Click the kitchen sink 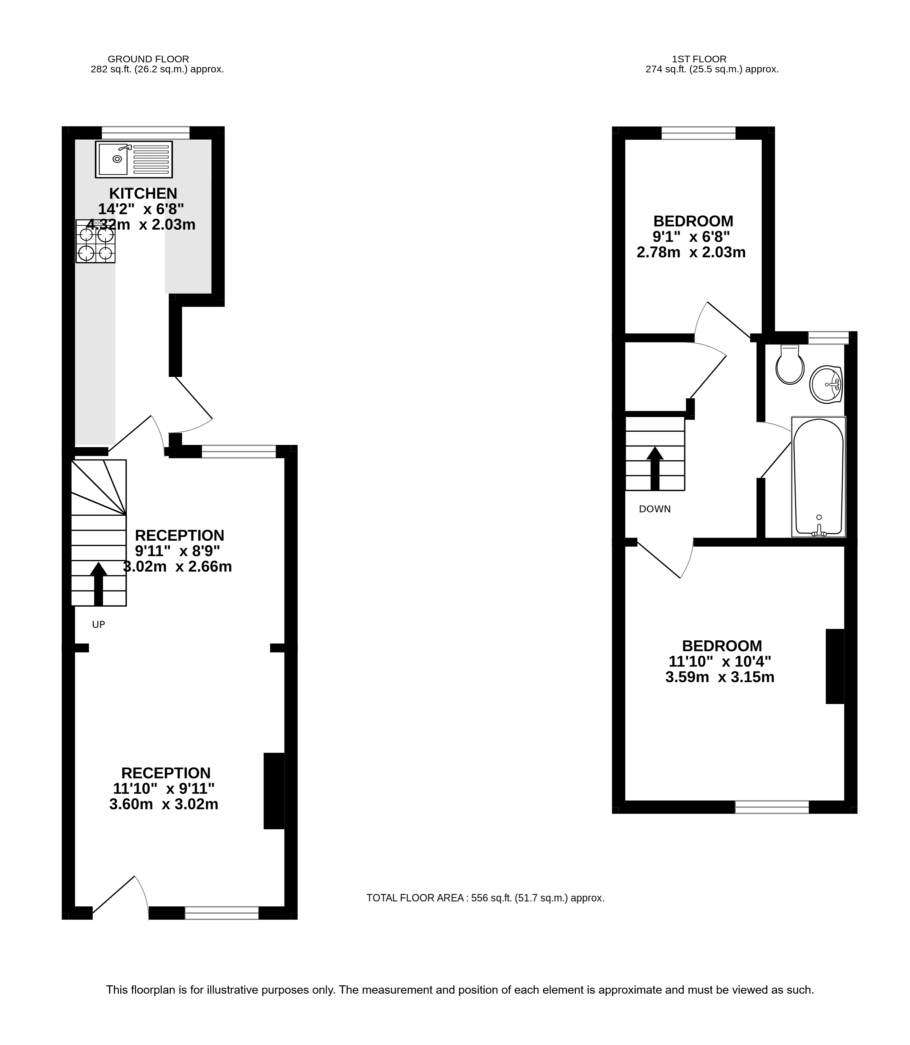pyautogui.click(x=134, y=159)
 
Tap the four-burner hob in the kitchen pyautogui.click(x=95, y=241)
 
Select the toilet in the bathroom pyautogui.click(x=790, y=364)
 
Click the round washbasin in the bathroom pyautogui.click(x=826, y=384)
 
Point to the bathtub pyautogui.click(x=819, y=477)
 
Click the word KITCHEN pyautogui.click(x=143, y=193)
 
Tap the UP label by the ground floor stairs pyautogui.click(x=98, y=625)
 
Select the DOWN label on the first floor pyautogui.click(x=655, y=509)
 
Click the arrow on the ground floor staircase pyautogui.click(x=98, y=584)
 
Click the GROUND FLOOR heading pyautogui.click(x=148, y=59)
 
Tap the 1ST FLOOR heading pyautogui.click(x=699, y=59)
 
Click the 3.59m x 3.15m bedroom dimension pyautogui.click(x=720, y=677)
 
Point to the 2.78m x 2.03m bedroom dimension pyautogui.click(x=691, y=252)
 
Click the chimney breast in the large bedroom pyautogui.click(x=835, y=666)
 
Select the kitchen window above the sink pyautogui.click(x=146, y=133)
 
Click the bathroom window pyautogui.click(x=828, y=338)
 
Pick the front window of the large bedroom pyautogui.click(x=772, y=807)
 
